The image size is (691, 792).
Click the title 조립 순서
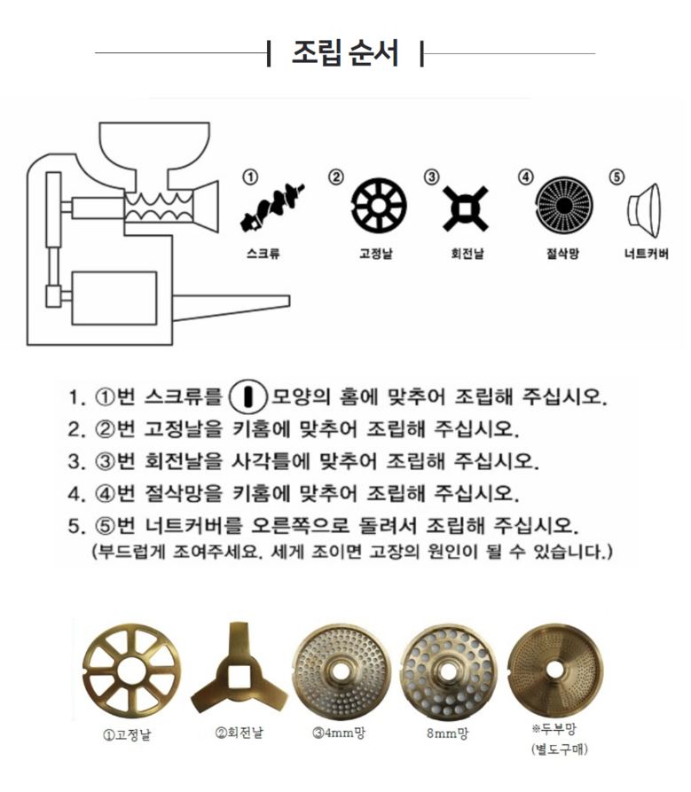(x=346, y=53)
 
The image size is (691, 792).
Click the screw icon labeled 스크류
(x=271, y=208)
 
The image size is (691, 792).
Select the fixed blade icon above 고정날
(x=379, y=206)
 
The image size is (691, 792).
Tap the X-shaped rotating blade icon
(x=466, y=208)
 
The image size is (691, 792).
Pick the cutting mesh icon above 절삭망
(x=564, y=206)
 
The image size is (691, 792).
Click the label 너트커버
(x=646, y=253)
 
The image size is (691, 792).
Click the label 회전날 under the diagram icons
(x=467, y=253)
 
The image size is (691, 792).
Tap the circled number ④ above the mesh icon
(x=525, y=177)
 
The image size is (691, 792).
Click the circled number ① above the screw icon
(x=250, y=177)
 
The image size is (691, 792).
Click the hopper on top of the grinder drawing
(x=154, y=146)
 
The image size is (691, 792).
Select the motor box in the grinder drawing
(x=114, y=298)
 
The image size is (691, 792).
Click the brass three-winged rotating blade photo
(x=239, y=668)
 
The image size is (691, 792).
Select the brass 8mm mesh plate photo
(x=448, y=671)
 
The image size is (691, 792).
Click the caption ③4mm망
(x=339, y=733)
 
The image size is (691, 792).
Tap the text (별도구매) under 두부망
(x=559, y=749)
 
